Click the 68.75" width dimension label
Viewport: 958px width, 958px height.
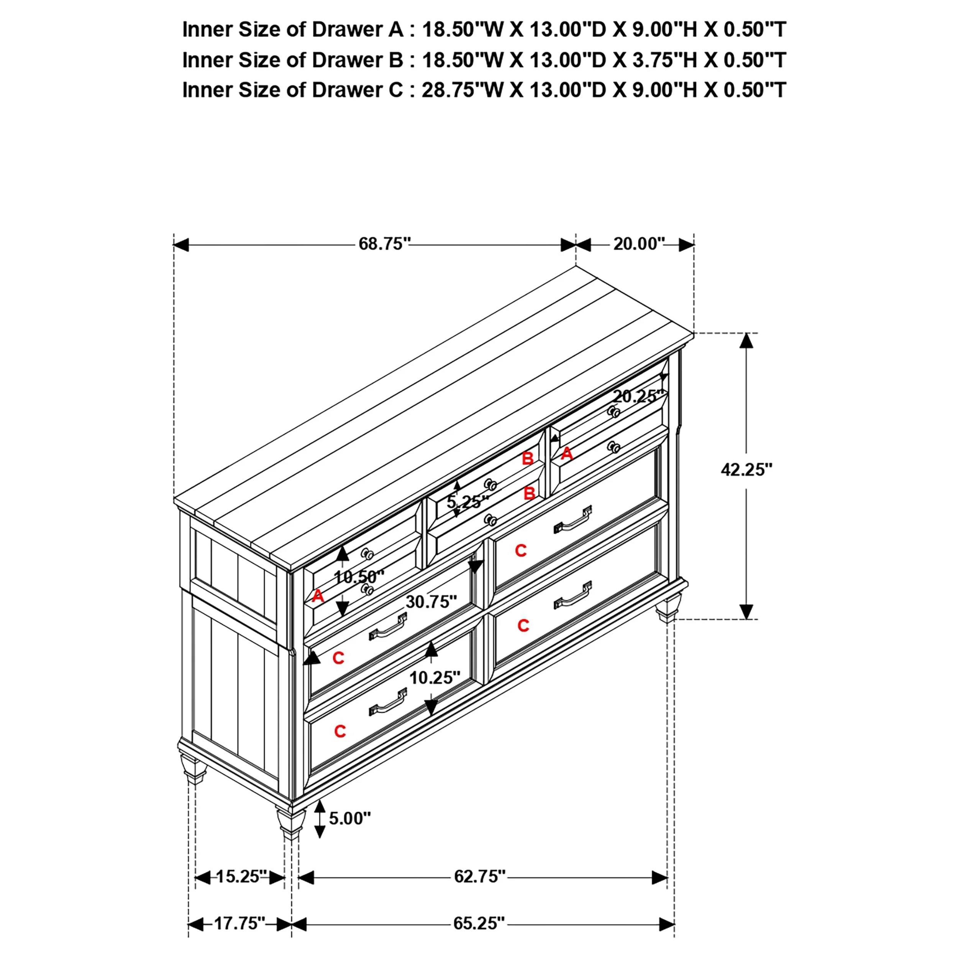[385, 244]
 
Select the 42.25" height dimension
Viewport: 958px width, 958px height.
[746, 469]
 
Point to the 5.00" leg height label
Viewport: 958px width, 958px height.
[349, 818]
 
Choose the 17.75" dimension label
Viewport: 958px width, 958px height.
[239, 923]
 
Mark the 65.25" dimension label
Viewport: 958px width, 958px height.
[479, 923]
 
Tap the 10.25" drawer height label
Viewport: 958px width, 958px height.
[435, 677]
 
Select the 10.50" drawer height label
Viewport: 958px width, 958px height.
[359, 577]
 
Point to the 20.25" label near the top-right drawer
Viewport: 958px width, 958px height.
[638, 396]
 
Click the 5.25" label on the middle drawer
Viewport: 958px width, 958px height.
[468, 502]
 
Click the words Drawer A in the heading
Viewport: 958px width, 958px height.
[358, 30]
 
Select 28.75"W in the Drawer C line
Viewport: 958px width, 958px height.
[462, 90]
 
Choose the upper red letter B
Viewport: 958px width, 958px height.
[528, 459]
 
